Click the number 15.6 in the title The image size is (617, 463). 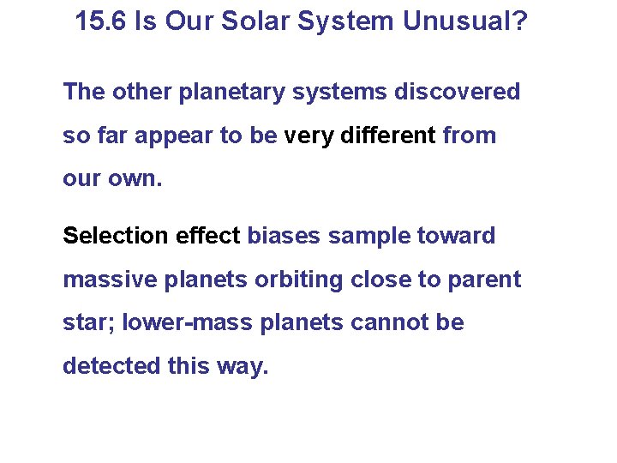tap(101, 21)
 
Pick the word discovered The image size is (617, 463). tap(457, 92)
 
